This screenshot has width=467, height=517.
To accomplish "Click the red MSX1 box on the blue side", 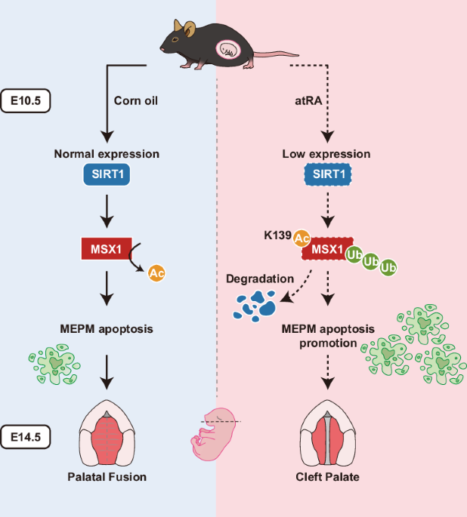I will pos(107,248).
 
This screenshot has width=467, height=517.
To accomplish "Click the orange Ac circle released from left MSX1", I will pos(156,273).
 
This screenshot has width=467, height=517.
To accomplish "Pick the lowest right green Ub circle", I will pos(389,267).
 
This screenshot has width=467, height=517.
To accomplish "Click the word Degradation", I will pos(260,279).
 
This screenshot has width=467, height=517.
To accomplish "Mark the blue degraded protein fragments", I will pos(254,303).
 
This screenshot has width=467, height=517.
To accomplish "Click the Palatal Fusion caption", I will pos(107,476).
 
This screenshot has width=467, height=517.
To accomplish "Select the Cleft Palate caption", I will pos(327,476).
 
